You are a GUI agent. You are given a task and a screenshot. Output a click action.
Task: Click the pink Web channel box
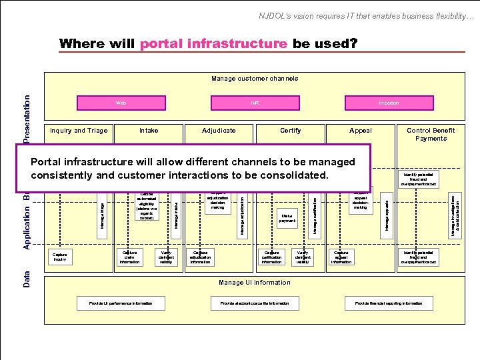click(121, 103)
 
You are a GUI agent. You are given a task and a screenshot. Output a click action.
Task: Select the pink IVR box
click(255, 103)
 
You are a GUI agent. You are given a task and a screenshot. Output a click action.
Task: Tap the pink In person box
click(388, 103)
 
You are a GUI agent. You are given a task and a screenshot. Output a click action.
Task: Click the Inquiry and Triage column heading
click(79, 131)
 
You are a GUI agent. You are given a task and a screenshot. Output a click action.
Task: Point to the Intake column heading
click(149, 131)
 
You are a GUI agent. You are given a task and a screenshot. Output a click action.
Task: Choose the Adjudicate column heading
click(219, 131)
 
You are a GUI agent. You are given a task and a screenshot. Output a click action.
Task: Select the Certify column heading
click(290, 131)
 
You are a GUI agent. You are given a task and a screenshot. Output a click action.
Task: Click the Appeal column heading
click(361, 131)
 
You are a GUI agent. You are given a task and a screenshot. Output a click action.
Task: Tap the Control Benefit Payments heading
click(430, 134)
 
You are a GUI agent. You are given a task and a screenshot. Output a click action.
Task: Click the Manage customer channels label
click(255, 79)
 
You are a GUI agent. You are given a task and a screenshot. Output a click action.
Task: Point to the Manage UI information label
click(255, 283)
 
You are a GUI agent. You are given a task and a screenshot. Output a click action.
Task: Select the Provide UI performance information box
click(121, 303)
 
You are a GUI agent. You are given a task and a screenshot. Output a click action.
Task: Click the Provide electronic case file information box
click(255, 303)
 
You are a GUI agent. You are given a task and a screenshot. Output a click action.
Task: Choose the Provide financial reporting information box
click(388, 303)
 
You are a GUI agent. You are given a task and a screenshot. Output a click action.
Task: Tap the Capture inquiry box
click(59, 257)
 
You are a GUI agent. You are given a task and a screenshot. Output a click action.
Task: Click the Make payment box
click(287, 219)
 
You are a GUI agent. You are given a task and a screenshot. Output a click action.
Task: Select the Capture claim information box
click(129, 257)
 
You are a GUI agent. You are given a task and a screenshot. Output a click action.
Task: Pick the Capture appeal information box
click(341, 257)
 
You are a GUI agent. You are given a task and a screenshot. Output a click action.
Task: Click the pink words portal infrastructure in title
click(214, 44)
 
